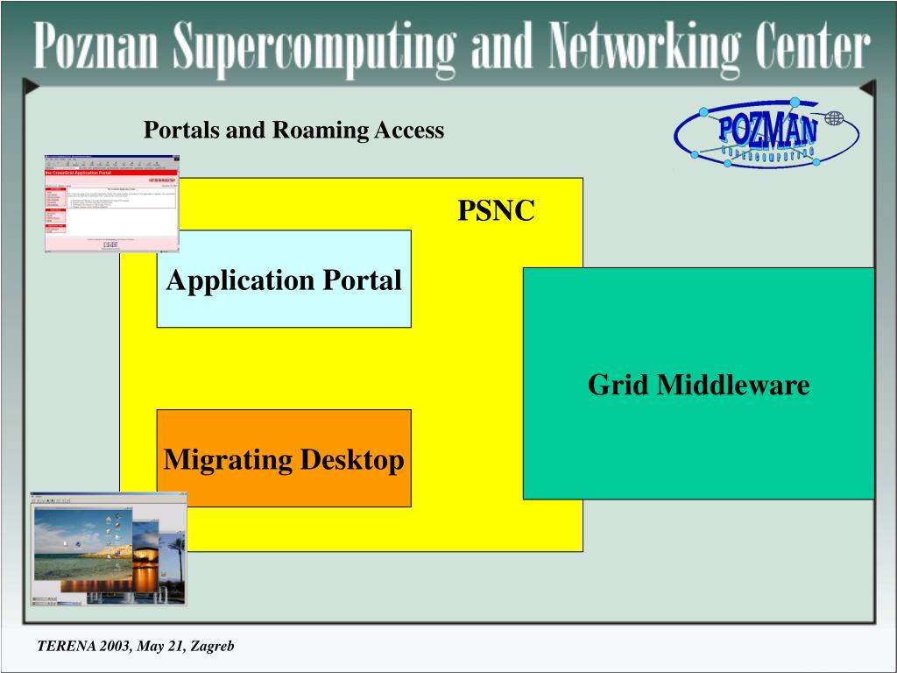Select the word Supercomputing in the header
pyautogui.click(x=314, y=48)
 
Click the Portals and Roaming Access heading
pyautogui.click(x=293, y=131)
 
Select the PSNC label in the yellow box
pyautogui.click(x=496, y=211)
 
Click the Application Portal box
pyautogui.click(x=284, y=280)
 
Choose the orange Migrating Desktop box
pyautogui.click(x=284, y=458)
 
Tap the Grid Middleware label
pyautogui.click(x=698, y=384)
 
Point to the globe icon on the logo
pyautogui.click(x=834, y=117)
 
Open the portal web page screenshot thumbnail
pyautogui.click(x=111, y=204)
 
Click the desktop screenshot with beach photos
pyautogui.click(x=109, y=549)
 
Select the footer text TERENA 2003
pyautogui.click(x=84, y=647)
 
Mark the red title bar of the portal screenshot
pyautogui.click(x=111, y=173)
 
